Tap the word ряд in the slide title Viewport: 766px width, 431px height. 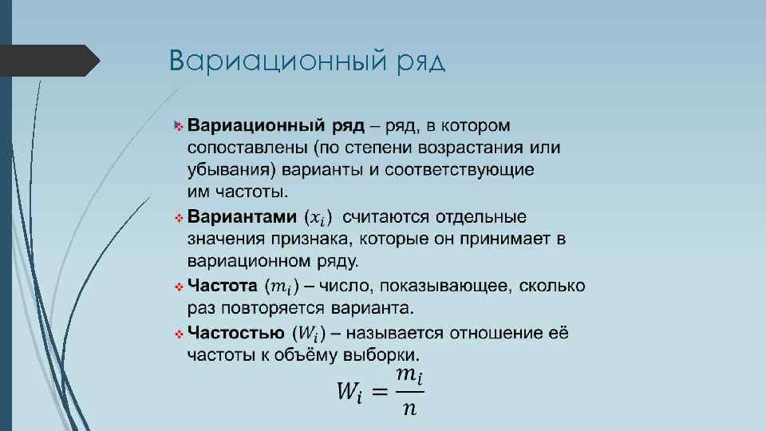pos(420,62)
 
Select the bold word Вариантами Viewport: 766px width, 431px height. pos(242,217)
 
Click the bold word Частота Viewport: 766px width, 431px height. pos(223,286)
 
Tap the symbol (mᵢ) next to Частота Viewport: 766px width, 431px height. pos(282,287)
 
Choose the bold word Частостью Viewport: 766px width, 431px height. pos(235,333)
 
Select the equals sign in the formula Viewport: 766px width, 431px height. pos(381,391)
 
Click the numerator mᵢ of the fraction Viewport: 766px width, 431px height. pos(409,374)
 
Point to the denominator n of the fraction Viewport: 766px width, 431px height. pos(409,408)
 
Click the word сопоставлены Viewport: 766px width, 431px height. pos(247,148)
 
